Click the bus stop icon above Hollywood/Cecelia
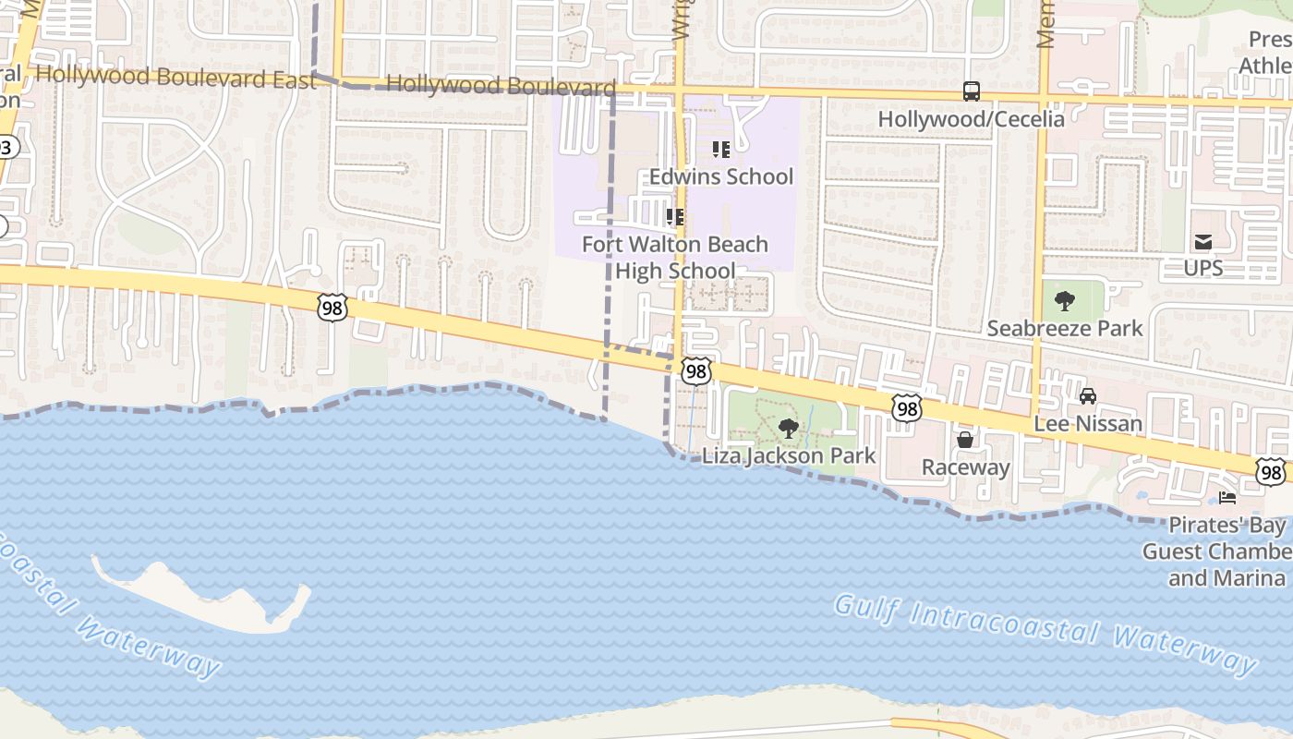tap(971, 91)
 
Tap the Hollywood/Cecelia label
tap(971, 119)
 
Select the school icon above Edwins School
tap(720, 149)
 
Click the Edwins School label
tap(720, 176)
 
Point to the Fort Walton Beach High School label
tap(675, 258)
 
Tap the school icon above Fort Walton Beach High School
tap(675, 217)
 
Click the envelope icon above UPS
tap(1202, 242)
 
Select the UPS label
tap(1202, 268)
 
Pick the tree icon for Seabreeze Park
tap(1064, 300)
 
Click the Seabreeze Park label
tap(1064, 328)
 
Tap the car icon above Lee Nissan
tap(1088, 396)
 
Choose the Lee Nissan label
tap(1088, 424)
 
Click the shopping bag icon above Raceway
tap(965, 440)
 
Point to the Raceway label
tap(965, 467)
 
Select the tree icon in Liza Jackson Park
tap(788, 428)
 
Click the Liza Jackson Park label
tap(788, 455)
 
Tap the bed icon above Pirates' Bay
tap(1227, 498)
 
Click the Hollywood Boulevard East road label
tap(175, 78)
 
